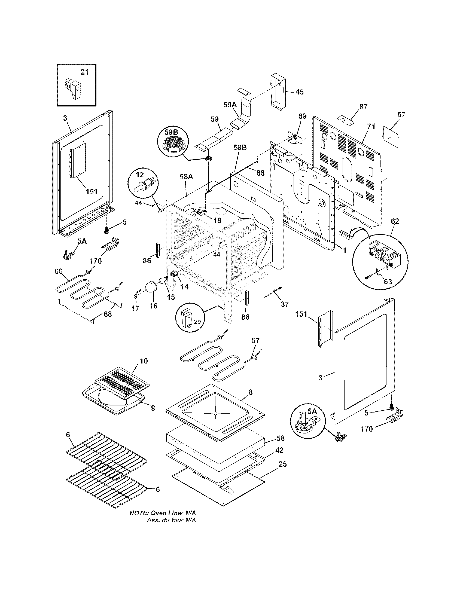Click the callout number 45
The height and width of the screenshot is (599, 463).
[300, 92]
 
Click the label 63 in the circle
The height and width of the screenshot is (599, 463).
[388, 282]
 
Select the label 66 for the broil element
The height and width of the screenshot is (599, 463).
[59, 271]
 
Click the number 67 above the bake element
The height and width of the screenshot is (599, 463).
[255, 340]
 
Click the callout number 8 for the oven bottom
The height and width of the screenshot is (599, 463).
[250, 392]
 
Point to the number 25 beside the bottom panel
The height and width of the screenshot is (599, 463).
[282, 464]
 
